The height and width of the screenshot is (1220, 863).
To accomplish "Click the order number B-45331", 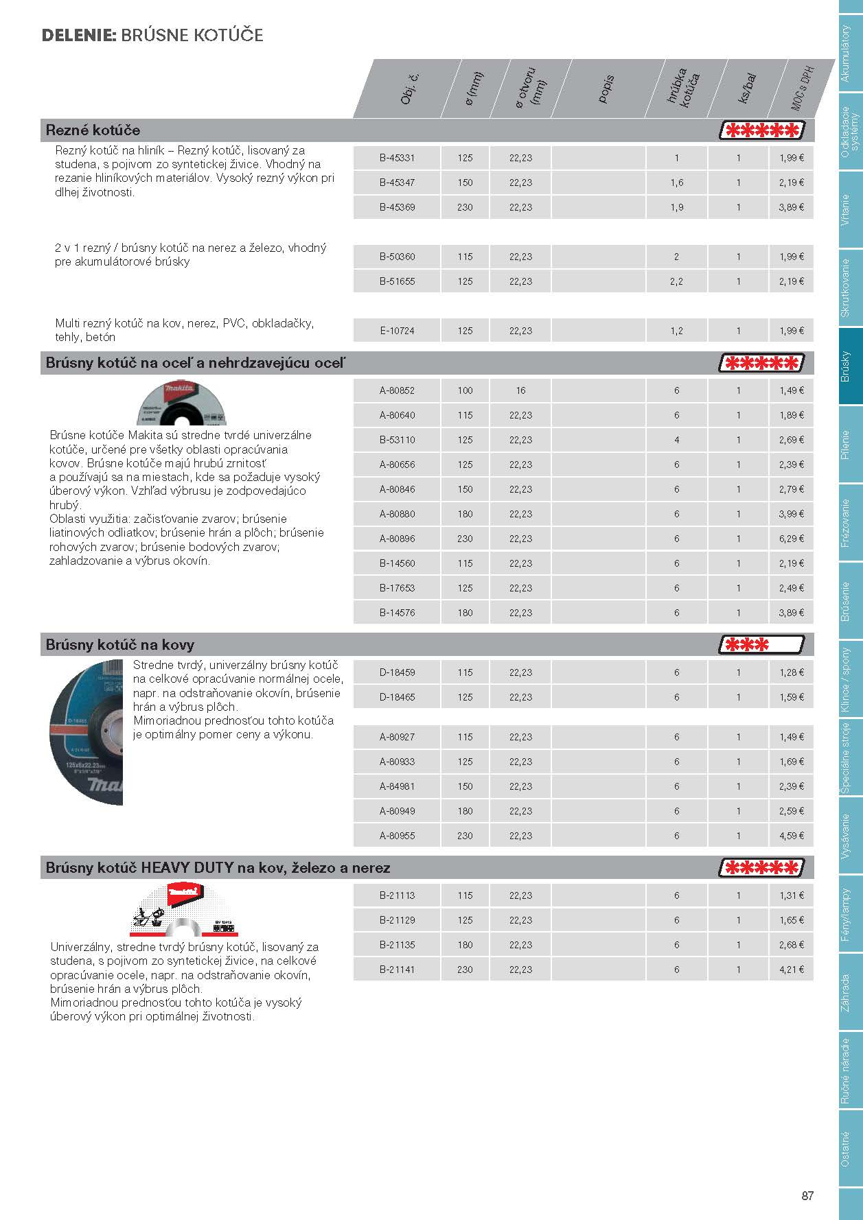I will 397,158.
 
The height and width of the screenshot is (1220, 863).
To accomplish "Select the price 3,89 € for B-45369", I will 791,207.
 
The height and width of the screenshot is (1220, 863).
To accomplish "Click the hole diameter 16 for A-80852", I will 520,390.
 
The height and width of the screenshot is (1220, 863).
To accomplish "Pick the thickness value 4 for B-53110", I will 676,440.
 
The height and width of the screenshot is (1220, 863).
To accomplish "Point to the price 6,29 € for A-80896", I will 791,539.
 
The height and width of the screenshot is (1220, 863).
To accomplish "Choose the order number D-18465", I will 397,697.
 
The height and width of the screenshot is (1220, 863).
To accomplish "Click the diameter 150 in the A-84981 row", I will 465,786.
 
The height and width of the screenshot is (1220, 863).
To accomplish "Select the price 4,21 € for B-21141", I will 791,970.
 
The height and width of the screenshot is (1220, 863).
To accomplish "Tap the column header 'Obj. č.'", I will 410,89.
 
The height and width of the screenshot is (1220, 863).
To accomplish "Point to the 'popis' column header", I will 606,89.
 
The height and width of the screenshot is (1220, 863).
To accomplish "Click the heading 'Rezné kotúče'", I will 93,130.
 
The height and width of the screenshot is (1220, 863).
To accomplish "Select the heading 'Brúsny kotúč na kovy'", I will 120,645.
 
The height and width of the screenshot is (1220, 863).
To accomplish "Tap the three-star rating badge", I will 761,645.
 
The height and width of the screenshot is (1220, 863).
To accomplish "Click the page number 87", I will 807,1195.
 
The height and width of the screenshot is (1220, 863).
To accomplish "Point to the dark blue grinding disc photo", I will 86,732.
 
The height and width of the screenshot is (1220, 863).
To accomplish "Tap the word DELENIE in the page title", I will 78,36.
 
